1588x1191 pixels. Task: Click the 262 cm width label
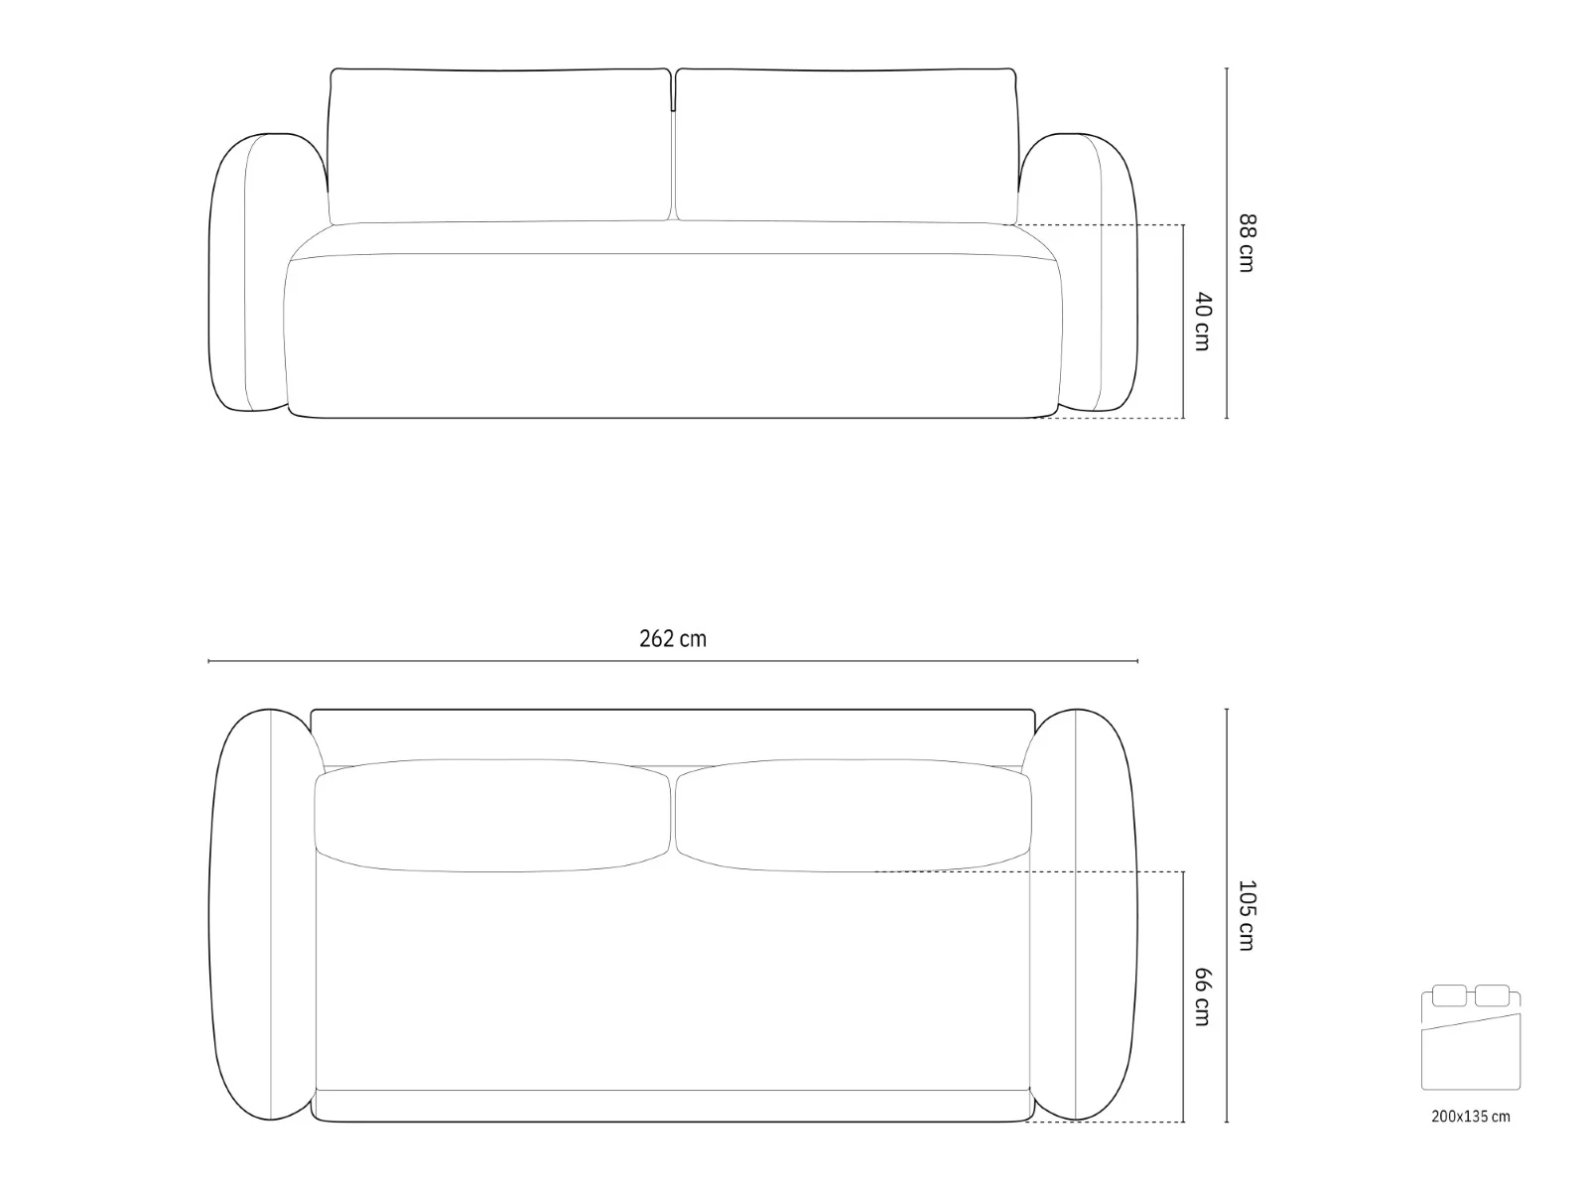[x=672, y=638]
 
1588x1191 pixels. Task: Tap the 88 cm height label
[x=1247, y=243]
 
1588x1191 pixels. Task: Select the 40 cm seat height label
[x=1202, y=322]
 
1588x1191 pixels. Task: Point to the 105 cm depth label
[x=1247, y=915]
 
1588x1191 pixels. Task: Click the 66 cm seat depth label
[x=1202, y=997]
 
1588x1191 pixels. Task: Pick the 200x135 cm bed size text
[x=1471, y=1116]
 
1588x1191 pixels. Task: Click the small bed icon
[x=1471, y=1037]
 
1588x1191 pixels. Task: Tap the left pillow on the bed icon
[x=1449, y=995]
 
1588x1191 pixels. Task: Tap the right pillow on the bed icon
[x=1493, y=995]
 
